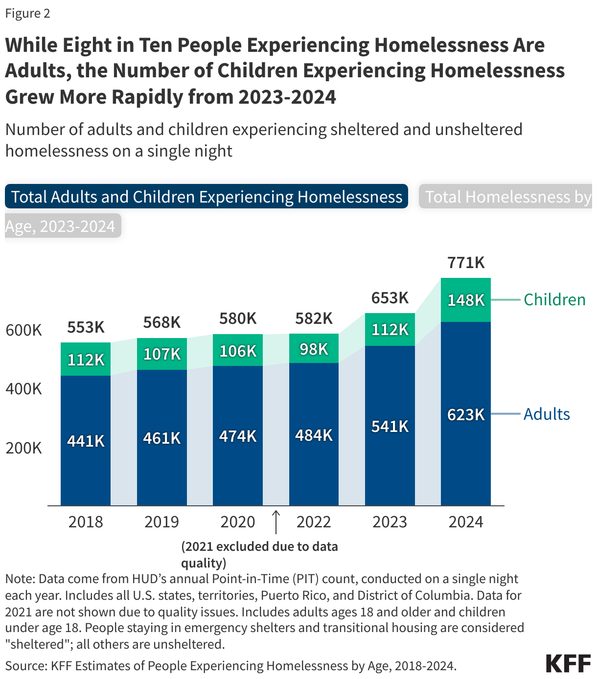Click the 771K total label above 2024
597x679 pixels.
[x=466, y=263]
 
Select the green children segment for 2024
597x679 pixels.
[x=466, y=289]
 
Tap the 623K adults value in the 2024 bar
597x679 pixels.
[x=466, y=415]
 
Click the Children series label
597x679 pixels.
[x=554, y=299]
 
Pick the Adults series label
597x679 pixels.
[x=547, y=414]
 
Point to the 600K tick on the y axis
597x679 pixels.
[x=24, y=330]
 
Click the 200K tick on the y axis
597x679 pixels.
[x=24, y=448]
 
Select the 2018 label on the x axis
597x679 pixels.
[x=86, y=522]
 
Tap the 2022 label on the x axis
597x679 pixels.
[x=314, y=522]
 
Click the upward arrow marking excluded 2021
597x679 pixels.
[x=276, y=522]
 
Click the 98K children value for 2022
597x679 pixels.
[x=314, y=349]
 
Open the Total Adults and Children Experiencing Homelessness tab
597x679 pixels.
[x=206, y=197]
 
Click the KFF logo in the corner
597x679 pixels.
[x=568, y=663]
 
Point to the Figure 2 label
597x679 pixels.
[x=28, y=13]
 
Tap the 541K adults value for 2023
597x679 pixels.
[x=390, y=427]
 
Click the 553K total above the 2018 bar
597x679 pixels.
[x=86, y=327]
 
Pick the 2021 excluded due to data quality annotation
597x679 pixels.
[x=259, y=554]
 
